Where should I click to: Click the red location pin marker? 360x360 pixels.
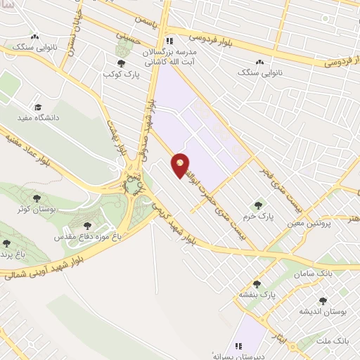[x=181, y=165]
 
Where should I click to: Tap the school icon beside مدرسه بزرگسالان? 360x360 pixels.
[x=169, y=40]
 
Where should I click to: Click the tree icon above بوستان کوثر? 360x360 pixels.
[x=37, y=199]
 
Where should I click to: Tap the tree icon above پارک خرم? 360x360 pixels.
[x=257, y=205]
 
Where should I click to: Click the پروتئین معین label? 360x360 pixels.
[x=307, y=224]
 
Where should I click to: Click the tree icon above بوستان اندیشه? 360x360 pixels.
[x=323, y=301]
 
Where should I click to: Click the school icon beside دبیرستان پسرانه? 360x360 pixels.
[x=240, y=345]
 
